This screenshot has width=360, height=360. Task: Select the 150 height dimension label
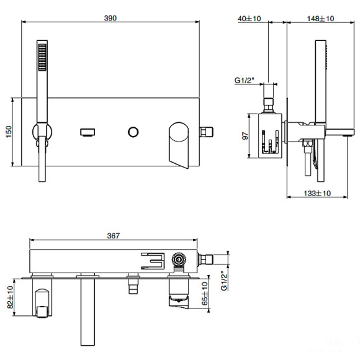9,132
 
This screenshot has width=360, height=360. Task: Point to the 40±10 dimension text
250,19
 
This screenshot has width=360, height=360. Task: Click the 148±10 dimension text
320,19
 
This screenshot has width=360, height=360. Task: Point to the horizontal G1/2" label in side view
246,81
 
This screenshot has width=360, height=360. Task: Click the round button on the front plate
133,131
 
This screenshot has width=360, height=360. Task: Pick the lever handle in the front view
180,143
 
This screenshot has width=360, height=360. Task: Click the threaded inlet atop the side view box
268,104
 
